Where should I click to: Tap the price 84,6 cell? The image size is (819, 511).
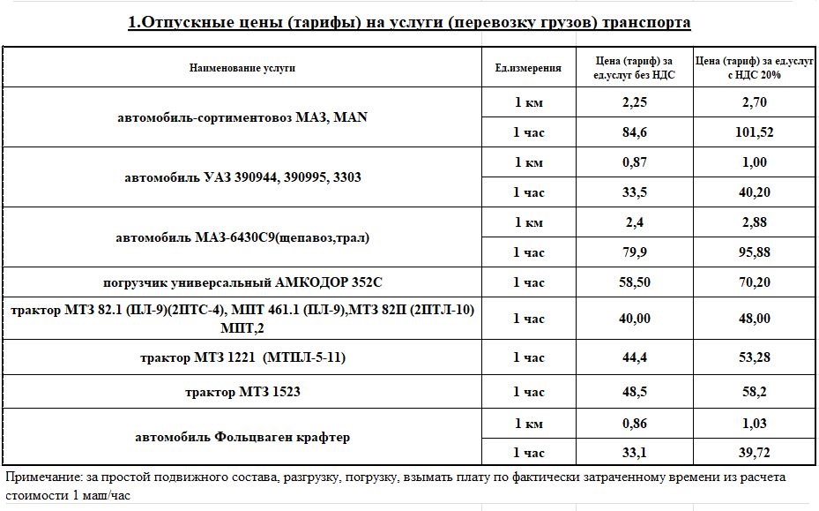pos(635,132)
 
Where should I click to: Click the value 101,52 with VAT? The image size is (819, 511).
pos(754,132)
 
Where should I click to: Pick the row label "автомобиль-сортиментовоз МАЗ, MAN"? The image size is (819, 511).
pos(242,116)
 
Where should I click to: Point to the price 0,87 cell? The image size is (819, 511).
pos(635,162)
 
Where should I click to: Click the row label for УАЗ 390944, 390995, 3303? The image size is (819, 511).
pos(242,177)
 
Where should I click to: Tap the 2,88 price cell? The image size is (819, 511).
pos(754,222)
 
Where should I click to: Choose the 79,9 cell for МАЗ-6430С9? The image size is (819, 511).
pos(635,252)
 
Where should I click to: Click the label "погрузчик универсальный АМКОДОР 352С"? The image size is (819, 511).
pos(242,282)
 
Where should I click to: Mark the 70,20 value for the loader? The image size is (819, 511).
pos(754,282)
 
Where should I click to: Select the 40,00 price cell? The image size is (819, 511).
pos(635,319)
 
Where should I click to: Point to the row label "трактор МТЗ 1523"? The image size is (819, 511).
pos(242,390)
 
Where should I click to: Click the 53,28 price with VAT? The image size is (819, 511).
pos(754,357)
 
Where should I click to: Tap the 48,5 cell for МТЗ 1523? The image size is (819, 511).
pos(635,390)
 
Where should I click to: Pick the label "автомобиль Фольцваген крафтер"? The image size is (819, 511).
pos(242,438)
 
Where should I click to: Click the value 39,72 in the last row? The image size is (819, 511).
pos(754,453)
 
